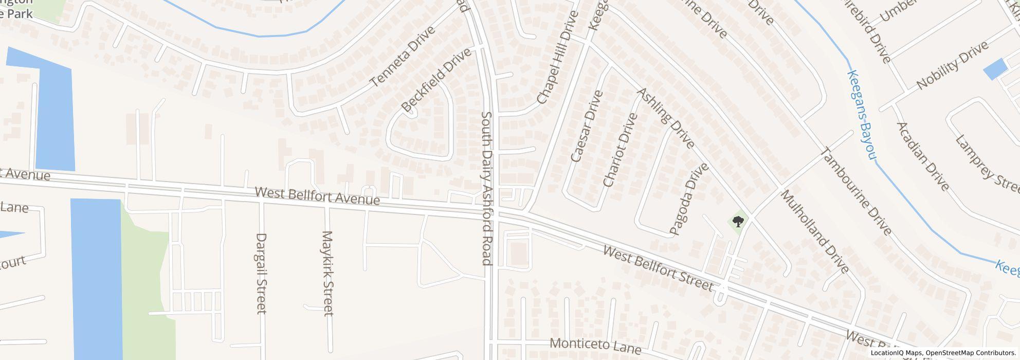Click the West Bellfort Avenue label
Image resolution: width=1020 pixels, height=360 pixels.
(x=317, y=196)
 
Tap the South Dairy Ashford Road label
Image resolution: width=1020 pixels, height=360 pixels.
(x=486, y=188)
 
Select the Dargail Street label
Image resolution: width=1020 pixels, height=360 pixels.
(x=261, y=273)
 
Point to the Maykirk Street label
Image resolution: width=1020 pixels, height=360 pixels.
(x=327, y=273)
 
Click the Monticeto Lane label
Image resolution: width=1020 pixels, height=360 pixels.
(x=595, y=346)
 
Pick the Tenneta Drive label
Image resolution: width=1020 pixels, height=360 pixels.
(x=403, y=56)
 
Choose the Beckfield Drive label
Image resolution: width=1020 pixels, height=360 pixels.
(x=436, y=80)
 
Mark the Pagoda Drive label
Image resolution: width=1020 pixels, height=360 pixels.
(x=689, y=199)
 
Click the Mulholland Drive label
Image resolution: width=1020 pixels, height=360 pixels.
(x=814, y=231)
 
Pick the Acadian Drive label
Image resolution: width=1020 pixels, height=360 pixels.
(x=922, y=156)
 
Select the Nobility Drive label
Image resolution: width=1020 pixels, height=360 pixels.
(x=952, y=65)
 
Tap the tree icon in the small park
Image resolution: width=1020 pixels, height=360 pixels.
(x=738, y=222)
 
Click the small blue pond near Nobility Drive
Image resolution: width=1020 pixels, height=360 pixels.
(x=995, y=69)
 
